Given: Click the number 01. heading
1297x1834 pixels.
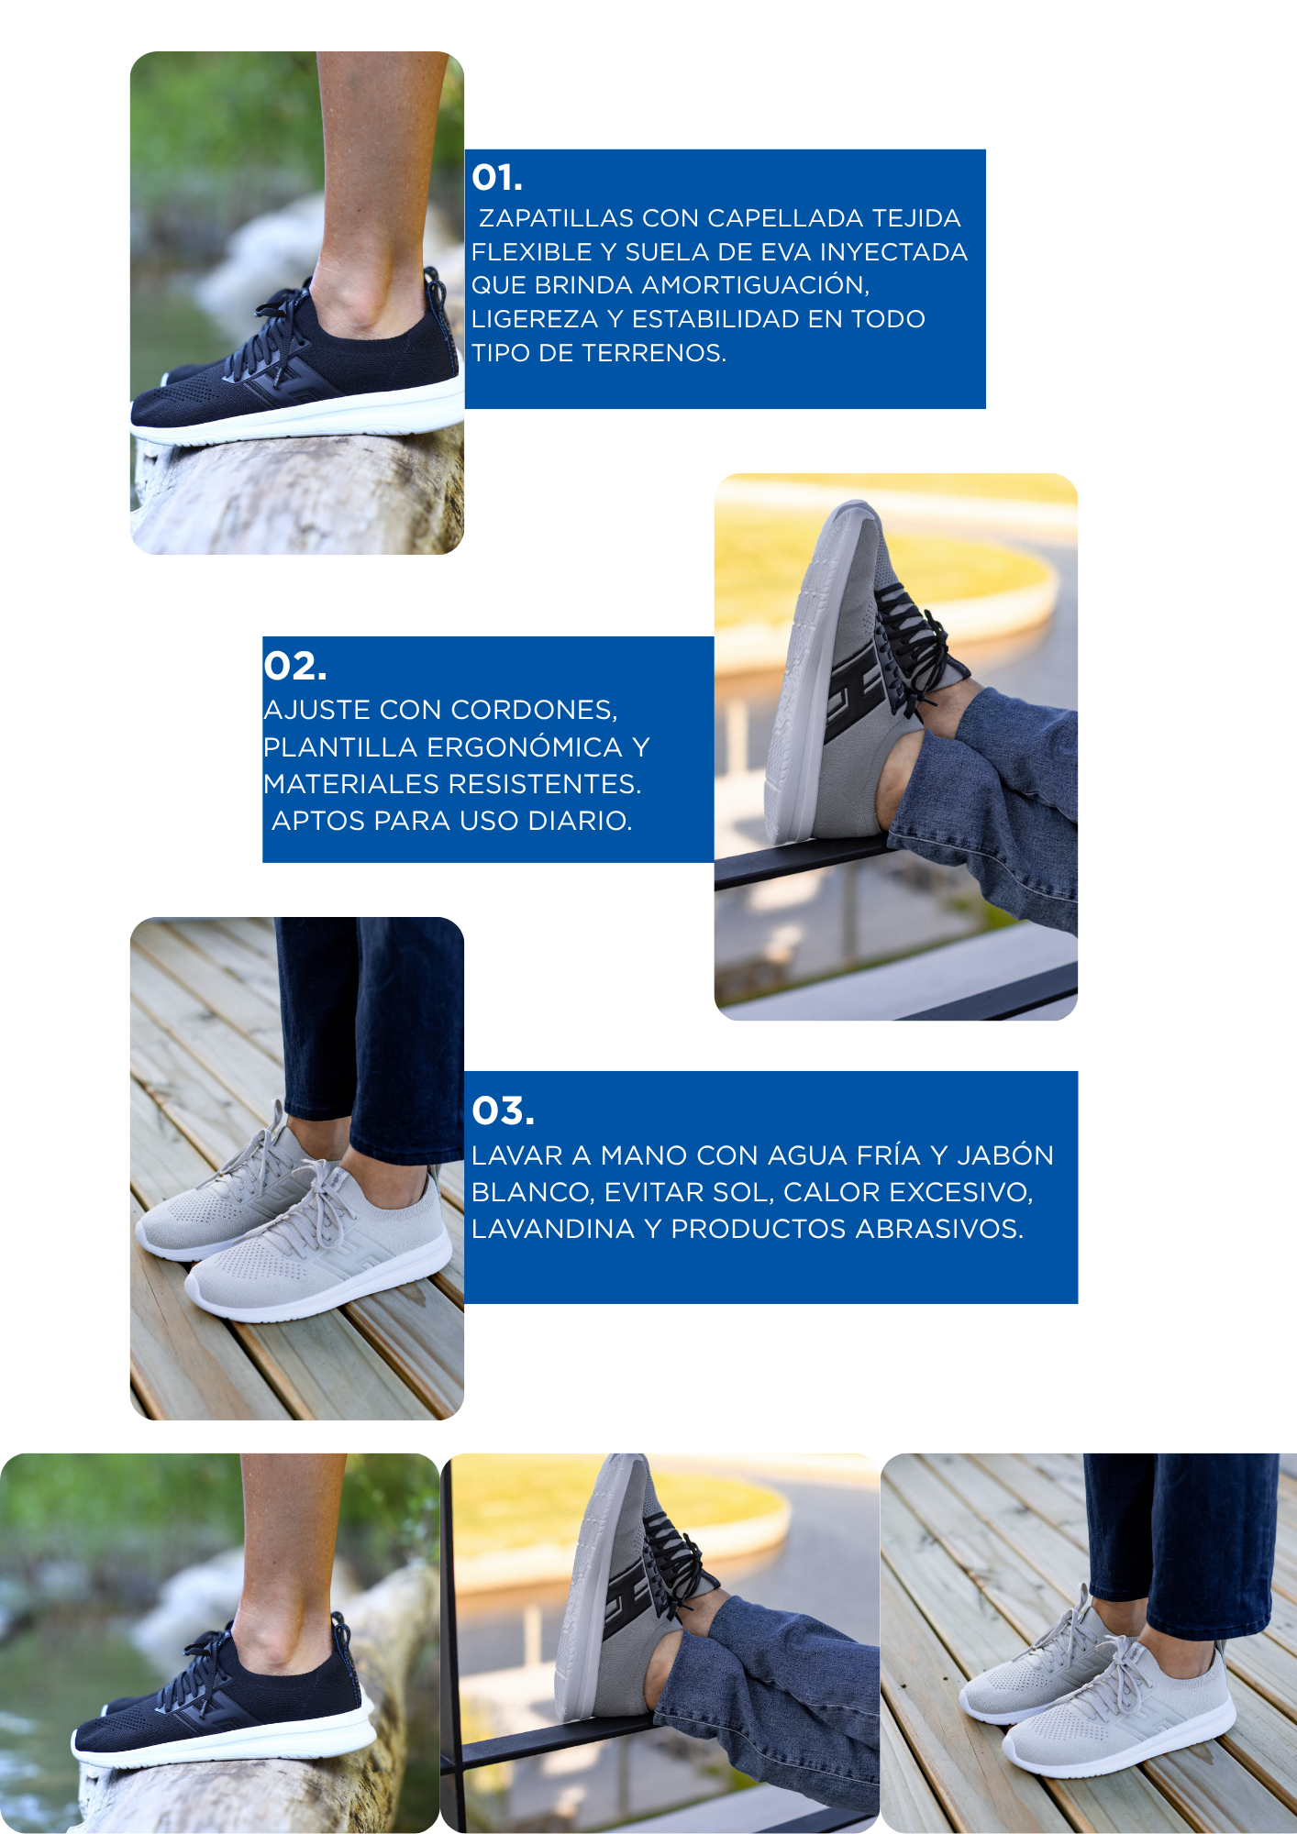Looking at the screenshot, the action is [497, 178].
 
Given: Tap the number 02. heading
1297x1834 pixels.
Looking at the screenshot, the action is [295, 667].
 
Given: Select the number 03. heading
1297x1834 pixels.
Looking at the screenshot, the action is [503, 1111].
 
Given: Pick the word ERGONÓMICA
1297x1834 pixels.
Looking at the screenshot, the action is [526, 747].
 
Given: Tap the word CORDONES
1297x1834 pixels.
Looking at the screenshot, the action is [535, 711].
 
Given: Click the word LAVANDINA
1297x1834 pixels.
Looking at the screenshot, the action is [553, 1229].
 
